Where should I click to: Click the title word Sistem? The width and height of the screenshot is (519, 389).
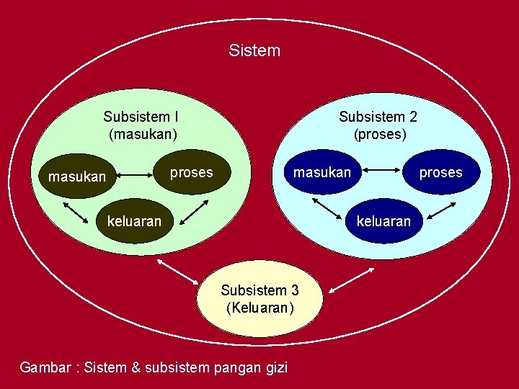(254, 50)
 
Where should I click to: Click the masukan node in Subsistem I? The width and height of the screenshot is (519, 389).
(76, 176)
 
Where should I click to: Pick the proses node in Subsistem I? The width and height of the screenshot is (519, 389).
(191, 172)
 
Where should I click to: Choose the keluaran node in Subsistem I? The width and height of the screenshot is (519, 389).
(134, 220)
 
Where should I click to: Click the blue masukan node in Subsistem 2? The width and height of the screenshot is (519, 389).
(321, 172)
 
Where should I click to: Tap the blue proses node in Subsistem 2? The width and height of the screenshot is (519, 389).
(440, 172)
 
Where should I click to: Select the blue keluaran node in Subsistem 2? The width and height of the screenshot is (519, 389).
(383, 220)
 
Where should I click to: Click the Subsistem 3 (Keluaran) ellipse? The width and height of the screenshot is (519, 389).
(259, 298)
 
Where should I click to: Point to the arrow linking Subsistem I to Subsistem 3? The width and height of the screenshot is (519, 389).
(177, 272)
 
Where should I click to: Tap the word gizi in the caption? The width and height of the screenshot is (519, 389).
(275, 367)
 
